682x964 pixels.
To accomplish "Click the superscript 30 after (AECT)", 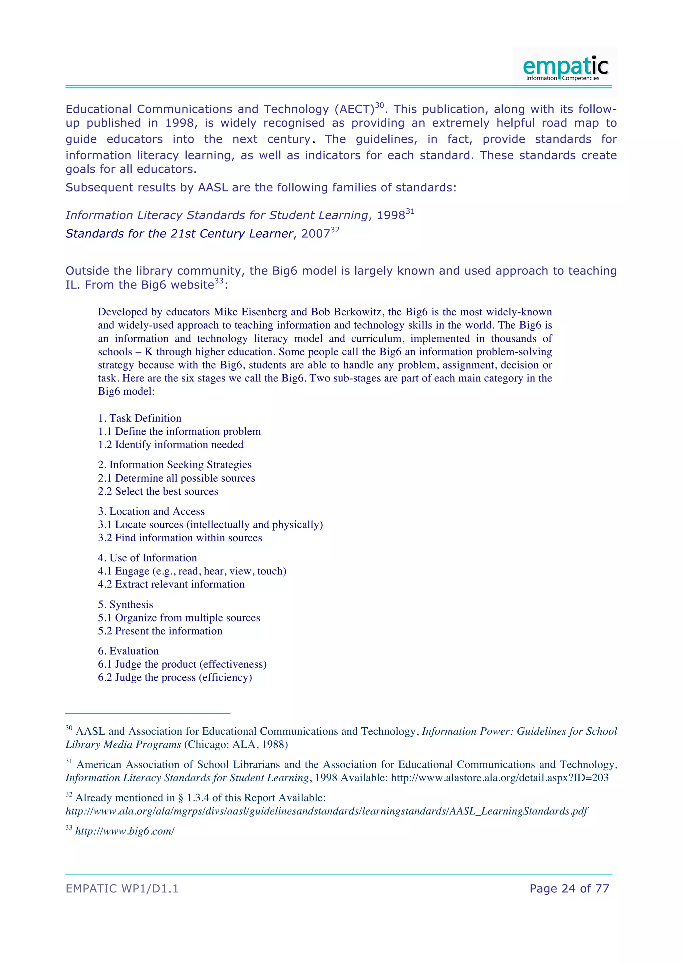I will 379,106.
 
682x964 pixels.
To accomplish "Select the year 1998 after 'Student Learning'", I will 391,215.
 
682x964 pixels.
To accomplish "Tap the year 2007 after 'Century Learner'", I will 315,234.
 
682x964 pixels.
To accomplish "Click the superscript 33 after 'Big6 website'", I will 219,281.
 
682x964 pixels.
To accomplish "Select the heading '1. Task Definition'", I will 140,418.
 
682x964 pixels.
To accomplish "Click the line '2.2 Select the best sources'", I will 158,491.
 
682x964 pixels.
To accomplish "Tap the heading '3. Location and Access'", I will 151,511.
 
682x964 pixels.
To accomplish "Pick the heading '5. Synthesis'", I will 126,604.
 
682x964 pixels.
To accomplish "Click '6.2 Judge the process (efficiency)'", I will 175,677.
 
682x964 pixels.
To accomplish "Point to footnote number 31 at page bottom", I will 69,762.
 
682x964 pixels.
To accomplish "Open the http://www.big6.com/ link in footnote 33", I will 125,831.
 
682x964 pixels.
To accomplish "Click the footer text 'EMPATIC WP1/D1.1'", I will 122,888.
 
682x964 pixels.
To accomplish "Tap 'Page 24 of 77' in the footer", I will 569,888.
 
